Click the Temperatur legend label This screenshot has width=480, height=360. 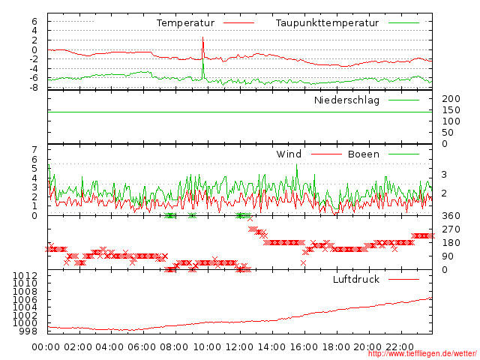(185, 23)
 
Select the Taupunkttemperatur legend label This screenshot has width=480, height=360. (325, 23)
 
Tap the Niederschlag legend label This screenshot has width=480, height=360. (346, 100)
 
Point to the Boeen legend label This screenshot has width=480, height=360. (364, 154)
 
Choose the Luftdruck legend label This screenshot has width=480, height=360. (356, 280)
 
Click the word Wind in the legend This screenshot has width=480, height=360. (289, 154)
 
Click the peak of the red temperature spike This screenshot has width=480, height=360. (202, 37)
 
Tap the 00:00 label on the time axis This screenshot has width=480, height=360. (46, 346)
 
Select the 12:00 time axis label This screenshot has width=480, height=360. (239, 346)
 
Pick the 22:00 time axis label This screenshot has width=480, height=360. (400, 346)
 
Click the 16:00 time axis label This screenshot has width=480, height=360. (304, 346)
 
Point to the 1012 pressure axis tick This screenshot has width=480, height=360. (26, 277)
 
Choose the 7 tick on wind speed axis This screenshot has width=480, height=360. (34, 150)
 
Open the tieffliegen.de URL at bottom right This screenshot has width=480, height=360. (422, 354)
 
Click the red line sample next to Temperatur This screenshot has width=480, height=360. (236, 23)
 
